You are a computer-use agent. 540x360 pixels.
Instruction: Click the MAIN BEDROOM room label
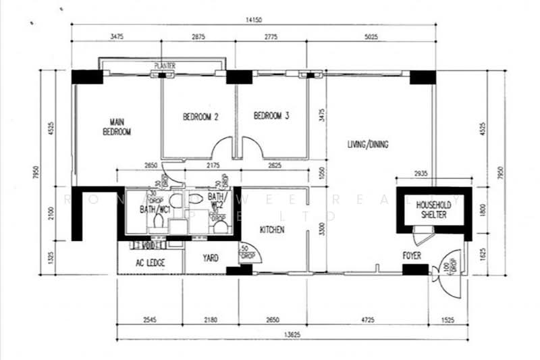point(116,128)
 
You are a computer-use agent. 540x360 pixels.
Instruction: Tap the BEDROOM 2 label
point(200,117)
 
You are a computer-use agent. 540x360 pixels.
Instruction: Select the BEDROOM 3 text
point(271,116)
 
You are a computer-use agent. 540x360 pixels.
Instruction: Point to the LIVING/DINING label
point(368,145)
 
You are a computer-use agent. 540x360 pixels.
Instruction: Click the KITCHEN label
point(273,230)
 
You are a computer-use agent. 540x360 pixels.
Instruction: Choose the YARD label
point(211,258)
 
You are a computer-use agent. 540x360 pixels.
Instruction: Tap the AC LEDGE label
point(150,262)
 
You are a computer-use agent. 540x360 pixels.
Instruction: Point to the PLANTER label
point(165,66)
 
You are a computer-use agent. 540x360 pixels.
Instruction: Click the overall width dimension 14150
point(254,20)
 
